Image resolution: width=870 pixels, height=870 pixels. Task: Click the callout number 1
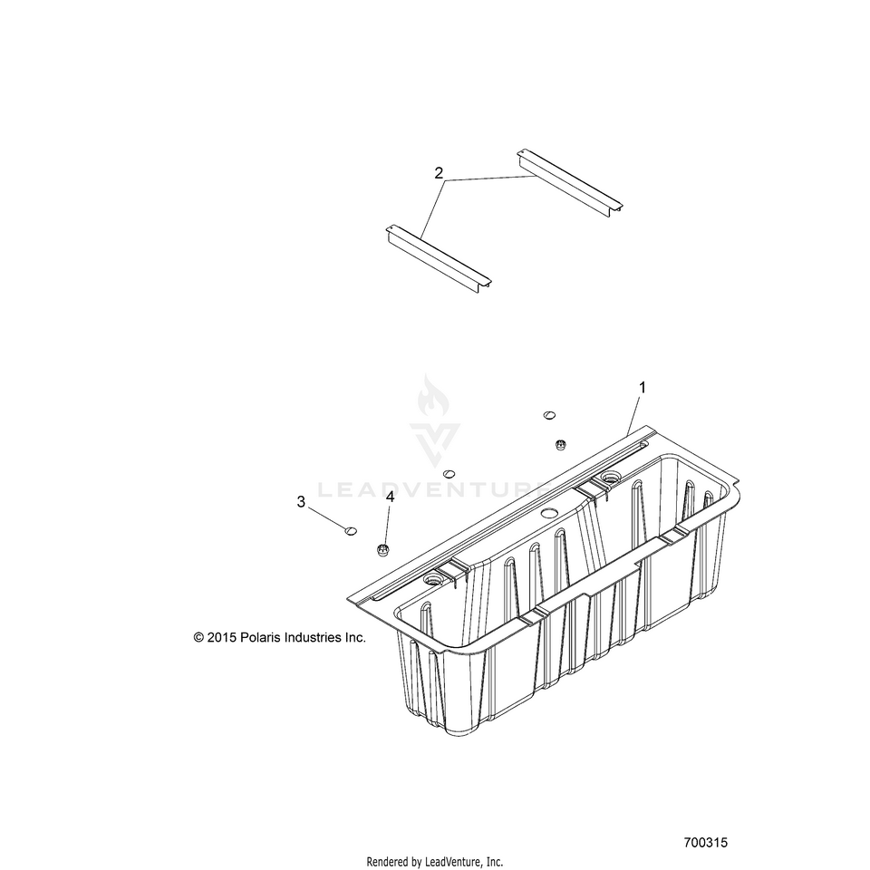643,388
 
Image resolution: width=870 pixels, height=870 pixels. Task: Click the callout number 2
439,173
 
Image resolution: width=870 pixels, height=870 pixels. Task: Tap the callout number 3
301,501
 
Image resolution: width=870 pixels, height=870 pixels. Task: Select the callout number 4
391,497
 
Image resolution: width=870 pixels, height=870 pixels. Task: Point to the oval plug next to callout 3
352,530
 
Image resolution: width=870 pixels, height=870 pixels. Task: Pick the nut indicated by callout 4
383,549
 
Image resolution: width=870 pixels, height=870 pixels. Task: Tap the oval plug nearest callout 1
548,415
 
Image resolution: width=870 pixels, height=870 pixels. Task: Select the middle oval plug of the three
448,473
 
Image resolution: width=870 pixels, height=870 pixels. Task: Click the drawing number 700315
706,842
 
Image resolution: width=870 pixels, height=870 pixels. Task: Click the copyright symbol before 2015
199,638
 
